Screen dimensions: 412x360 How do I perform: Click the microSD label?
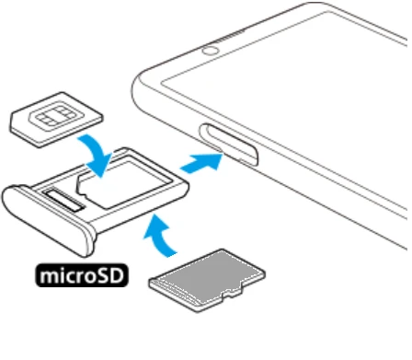82,275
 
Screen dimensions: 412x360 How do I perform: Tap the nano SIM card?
57,120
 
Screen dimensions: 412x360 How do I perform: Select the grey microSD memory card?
207,281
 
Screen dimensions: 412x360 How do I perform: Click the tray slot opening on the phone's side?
229,145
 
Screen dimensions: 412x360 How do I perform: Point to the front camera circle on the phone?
211,51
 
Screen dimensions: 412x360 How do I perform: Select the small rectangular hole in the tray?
63,201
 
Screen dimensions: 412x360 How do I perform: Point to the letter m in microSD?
48,277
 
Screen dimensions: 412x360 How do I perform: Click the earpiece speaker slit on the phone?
230,36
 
